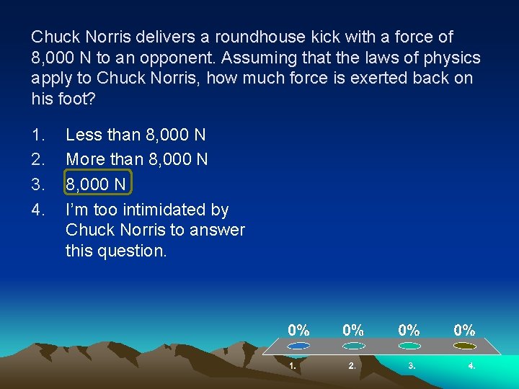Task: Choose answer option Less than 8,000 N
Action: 136,135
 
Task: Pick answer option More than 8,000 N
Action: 137,159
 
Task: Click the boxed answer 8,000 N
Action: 96,184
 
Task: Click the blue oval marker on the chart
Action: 298,346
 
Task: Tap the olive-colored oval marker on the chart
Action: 464,346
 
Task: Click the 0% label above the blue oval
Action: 299,330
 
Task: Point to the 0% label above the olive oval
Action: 464,330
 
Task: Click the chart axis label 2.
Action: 352,366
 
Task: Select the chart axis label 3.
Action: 412,366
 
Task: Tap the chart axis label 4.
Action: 471,366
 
